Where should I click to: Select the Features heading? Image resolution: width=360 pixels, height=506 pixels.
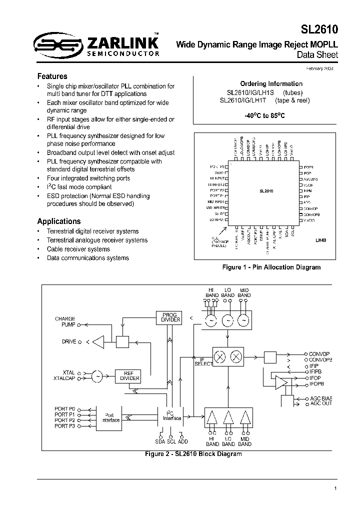click(52, 76)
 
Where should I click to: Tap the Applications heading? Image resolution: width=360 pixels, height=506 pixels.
click(59, 221)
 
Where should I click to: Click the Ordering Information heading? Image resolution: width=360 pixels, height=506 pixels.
click(271, 83)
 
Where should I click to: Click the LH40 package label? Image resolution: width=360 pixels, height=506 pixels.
click(320, 240)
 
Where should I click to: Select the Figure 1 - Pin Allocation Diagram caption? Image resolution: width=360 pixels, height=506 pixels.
click(271, 267)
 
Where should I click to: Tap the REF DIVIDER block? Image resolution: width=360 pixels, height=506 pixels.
click(127, 375)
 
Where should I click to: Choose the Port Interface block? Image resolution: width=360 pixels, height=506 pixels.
click(111, 417)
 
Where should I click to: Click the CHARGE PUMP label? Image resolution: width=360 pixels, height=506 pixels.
click(65, 321)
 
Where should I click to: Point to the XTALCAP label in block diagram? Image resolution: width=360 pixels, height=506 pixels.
click(64, 379)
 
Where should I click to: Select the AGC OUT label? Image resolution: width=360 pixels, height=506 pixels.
click(321, 403)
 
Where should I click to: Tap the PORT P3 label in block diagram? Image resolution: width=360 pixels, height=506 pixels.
click(64, 426)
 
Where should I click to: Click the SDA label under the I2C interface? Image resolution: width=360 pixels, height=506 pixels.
click(160, 442)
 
